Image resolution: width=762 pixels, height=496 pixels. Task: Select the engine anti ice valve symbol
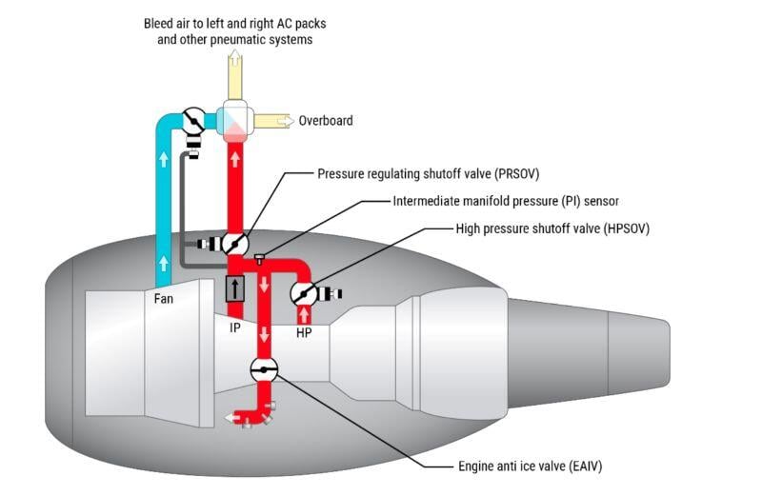point(264,370)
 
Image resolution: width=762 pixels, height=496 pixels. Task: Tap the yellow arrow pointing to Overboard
point(274,121)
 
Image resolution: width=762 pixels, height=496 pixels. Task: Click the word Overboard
point(326,121)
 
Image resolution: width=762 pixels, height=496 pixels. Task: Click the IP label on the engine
point(234,328)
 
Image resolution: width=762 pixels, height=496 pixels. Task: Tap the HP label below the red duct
point(304,333)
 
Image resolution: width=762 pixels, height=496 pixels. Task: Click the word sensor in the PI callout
point(597,202)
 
